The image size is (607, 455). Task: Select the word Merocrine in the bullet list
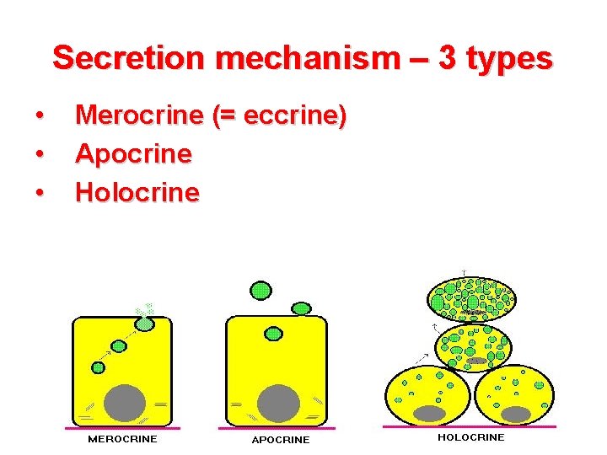click(140, 115)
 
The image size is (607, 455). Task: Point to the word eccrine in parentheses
click(287, 115)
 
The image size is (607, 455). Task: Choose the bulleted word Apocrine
click(133, 154)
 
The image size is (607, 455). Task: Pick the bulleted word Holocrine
click(137, 192)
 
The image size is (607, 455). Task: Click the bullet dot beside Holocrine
click(40, 193)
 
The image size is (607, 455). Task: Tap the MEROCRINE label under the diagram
click(123, 439)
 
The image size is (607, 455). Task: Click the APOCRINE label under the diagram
click(281, 440)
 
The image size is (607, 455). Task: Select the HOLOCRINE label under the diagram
click(470, 437)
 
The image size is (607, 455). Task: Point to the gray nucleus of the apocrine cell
click(277, 403)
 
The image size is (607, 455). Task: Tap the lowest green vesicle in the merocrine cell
click(99, 367)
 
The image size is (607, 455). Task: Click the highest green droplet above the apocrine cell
click(262, 291)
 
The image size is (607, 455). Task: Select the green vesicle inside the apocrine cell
click(273, 334)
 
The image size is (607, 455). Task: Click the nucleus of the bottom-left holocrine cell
click(429, 413)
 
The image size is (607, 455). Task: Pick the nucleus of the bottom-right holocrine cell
click(515, 414)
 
